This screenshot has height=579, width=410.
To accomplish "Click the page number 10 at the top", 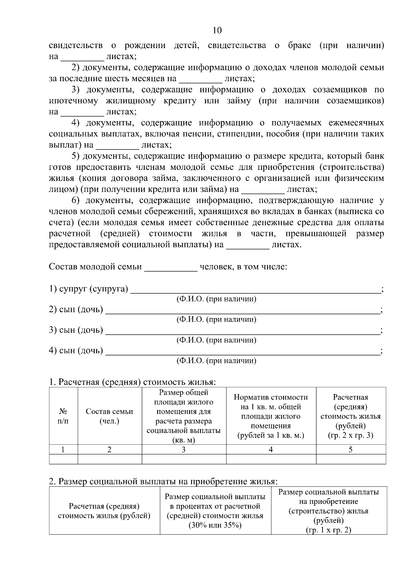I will (217, 30).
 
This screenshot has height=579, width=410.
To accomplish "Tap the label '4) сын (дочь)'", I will (76, 350).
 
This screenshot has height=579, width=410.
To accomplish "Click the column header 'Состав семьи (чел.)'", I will (109, 416).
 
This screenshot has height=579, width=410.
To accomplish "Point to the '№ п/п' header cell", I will (63, 416).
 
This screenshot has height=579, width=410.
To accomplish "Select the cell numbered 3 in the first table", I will (183, 450).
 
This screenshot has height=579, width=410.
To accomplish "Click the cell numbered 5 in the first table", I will (351, 450).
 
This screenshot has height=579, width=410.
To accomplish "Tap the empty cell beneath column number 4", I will (271, 459).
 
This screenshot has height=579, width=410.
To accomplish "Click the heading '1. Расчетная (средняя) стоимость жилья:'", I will (133, 382).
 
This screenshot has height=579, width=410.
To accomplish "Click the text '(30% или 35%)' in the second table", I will (215, 525).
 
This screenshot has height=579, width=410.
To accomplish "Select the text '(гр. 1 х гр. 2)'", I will (328, 530).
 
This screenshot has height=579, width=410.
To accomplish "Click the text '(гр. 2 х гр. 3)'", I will (351, 435).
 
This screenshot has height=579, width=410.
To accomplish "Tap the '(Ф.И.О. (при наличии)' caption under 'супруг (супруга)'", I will (216, 299).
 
